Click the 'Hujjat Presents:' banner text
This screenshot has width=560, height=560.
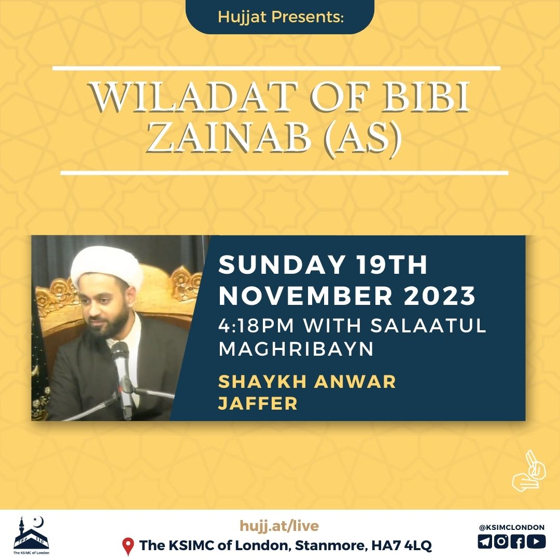pos(281,17)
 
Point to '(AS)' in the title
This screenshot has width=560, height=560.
pos(363,138)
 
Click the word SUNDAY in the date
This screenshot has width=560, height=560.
pos(282,264)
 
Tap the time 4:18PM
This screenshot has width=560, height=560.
pos(256,325)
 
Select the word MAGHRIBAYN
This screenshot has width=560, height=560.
pos(296,348)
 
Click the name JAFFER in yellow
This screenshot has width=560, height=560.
pos(258,403)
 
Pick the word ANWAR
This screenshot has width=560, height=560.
pos(355,382)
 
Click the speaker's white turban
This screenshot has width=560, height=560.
pos(106,267)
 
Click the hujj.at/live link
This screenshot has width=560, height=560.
pos(279,526)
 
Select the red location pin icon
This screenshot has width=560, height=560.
pos(128,547)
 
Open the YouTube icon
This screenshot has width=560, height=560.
pos(537,541)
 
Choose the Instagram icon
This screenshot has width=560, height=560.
pos(501,541)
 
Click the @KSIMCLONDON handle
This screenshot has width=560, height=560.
pos(512,527)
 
